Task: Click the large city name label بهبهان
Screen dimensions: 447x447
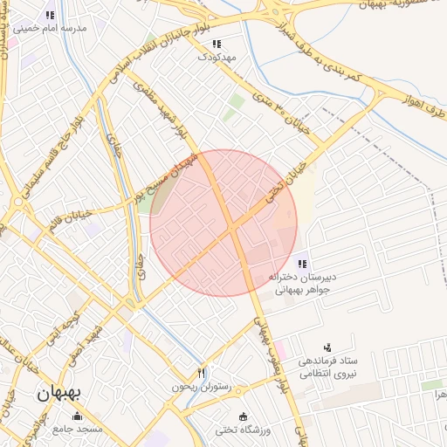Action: [58, 394]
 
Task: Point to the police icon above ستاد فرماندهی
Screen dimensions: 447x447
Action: [328, 347]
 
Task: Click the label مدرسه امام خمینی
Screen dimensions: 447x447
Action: [58, 28]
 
